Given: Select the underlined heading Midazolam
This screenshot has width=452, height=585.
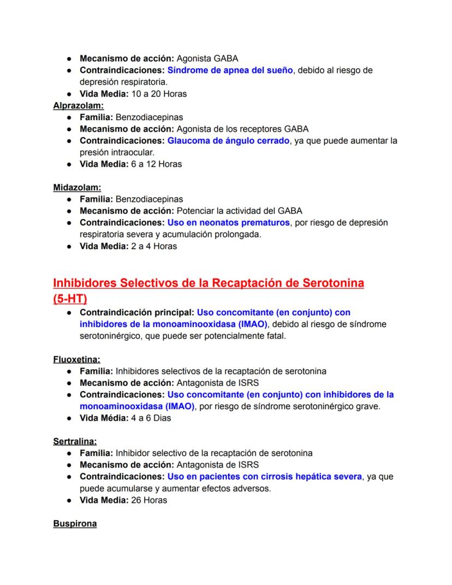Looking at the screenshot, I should [77, 187].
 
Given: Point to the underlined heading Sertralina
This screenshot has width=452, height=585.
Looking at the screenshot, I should [75, 441].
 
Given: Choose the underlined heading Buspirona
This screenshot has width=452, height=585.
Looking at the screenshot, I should [75, 524].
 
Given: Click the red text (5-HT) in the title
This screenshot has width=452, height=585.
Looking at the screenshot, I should [70, 299].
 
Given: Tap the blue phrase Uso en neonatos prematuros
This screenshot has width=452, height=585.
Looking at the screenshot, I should [228, 223].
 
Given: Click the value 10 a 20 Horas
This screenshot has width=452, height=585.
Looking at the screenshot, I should [159, 94].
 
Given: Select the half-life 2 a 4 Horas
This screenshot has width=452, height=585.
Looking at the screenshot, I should [154, 246].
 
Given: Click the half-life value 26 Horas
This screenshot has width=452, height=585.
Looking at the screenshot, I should [149, 500].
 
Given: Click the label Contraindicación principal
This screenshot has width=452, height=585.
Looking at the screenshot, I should [137, 313].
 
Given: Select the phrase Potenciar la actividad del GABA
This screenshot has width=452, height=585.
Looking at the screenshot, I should [239, 211].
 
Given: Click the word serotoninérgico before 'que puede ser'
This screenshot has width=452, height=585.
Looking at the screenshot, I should [114, 336].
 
